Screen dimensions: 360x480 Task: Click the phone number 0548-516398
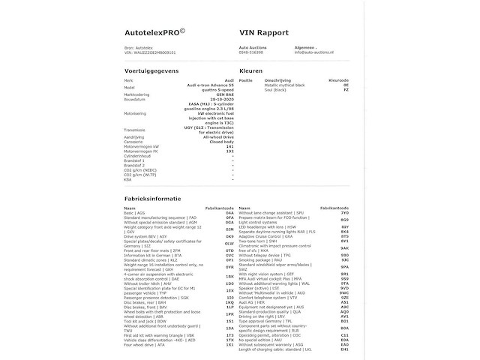(x=250, y=52)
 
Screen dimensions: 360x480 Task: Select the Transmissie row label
(x=139, y=128)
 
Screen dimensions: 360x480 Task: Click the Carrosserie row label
(x=137, y=142)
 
